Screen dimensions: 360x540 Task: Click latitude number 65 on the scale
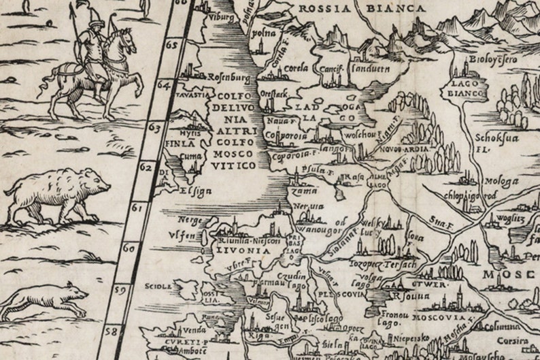(171, 46)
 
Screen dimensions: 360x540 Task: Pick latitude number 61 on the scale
(139, 207)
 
